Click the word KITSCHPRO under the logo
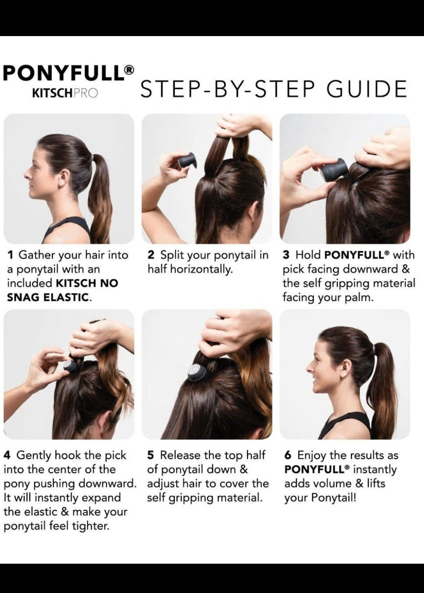tap(65, 93)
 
